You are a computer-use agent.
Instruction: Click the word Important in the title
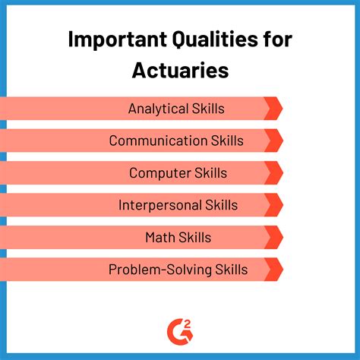point(112,39)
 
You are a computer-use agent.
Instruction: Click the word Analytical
point(157,109)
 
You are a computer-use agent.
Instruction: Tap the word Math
point(159,237)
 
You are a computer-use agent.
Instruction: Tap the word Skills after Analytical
point(207,109)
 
